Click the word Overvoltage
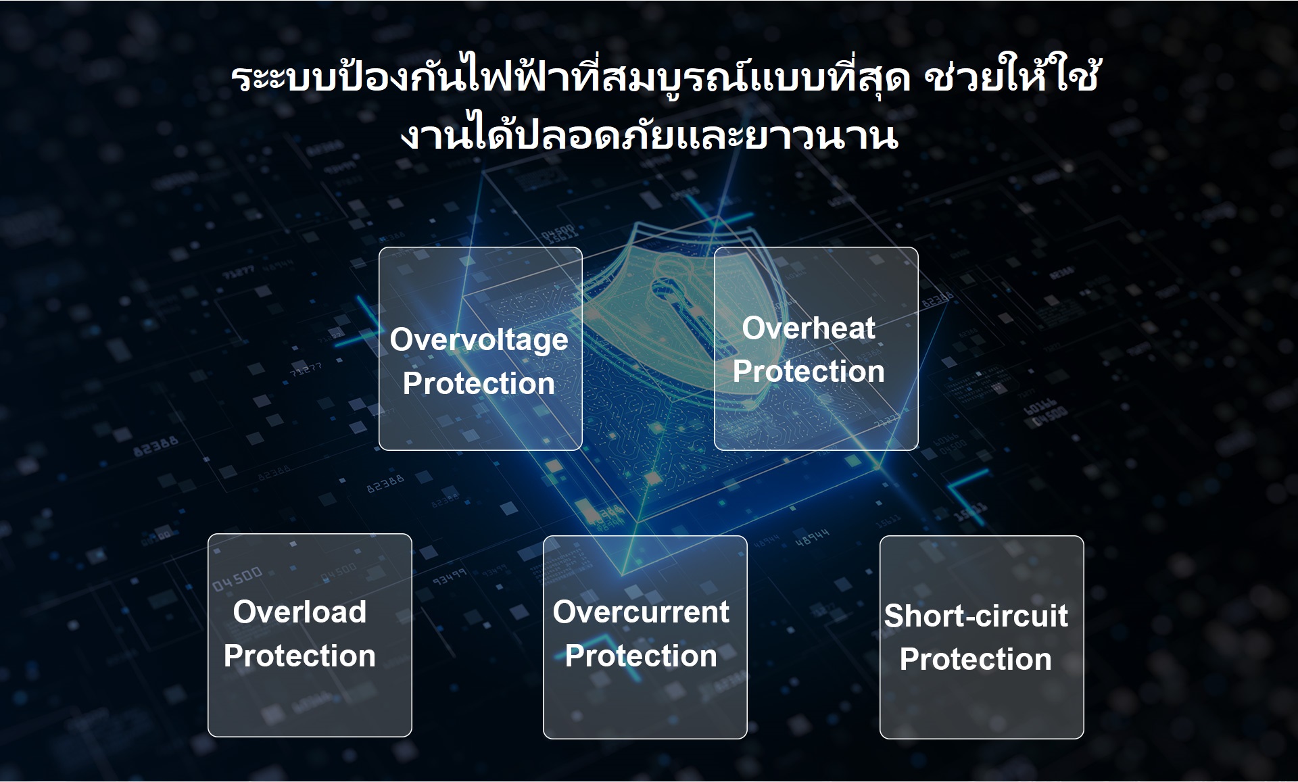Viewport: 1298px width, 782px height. pos(479,340)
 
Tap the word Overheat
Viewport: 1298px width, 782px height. pos(809,328)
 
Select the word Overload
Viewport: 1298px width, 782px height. pos(299,612)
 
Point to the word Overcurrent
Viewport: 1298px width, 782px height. pos(641,612)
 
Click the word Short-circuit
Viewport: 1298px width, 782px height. pos(976,616)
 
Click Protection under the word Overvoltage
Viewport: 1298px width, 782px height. pos(479,383)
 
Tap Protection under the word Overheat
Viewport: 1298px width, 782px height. pos(809,371)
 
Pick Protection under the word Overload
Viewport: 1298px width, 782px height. pos(299,656)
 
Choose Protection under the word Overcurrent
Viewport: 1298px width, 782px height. pos(641,656)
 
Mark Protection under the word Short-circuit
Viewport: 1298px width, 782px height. pos(976,659)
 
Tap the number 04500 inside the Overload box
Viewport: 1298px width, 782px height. pos(237,579)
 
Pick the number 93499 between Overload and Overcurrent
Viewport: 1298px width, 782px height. pos(450,577)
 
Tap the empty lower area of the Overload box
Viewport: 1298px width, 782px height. pos(310,703)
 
